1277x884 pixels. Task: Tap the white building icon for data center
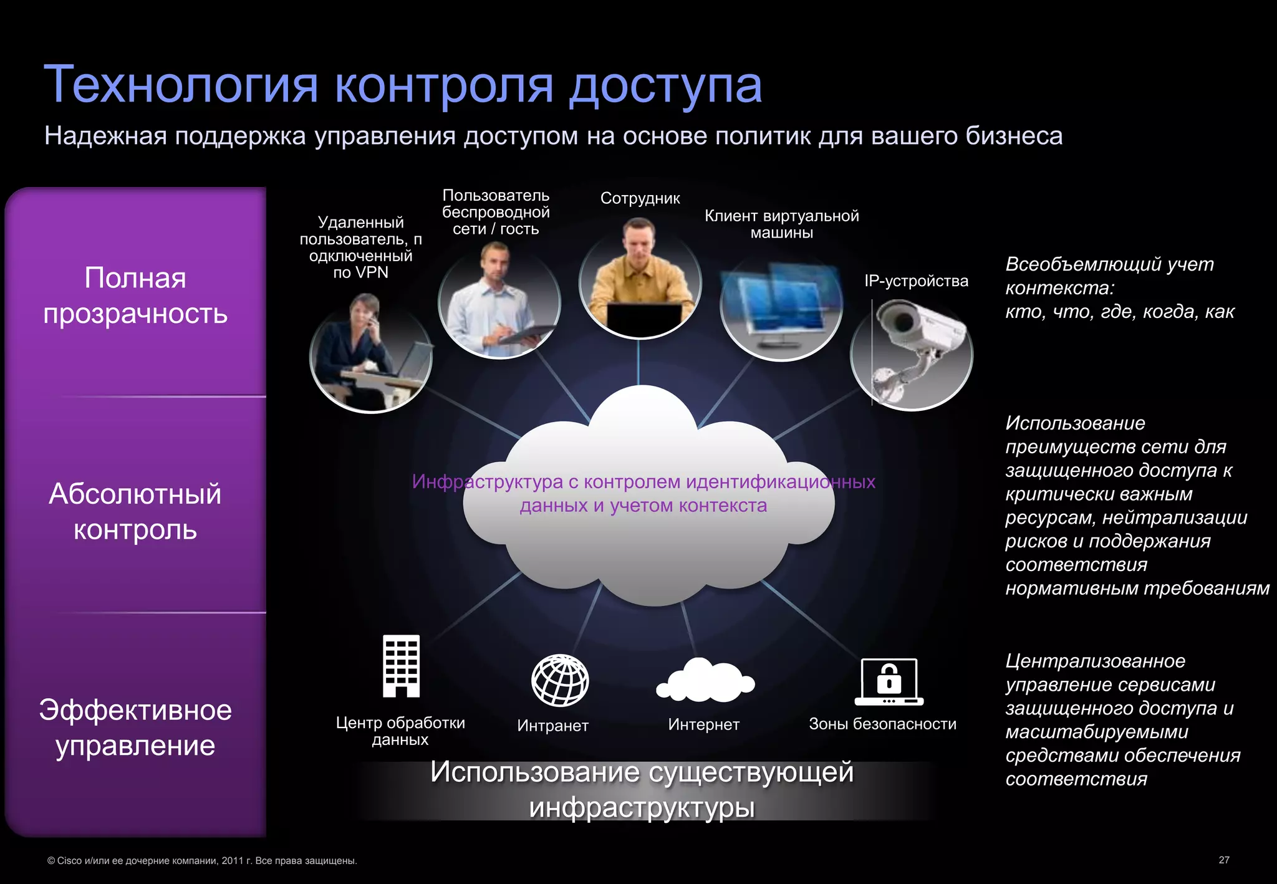[401, 665]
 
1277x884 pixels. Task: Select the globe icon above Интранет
[559, 680]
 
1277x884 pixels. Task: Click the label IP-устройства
[916, 281]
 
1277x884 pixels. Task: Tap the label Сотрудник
[640, 198]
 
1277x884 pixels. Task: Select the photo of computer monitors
[781, 306]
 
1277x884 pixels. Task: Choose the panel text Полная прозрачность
[135, 295]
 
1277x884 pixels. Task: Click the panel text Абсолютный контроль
[135, 511]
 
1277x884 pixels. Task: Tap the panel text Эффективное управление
[135, 728]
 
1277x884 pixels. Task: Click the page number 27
[1224, 860]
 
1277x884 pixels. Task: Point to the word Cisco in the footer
[69, 861]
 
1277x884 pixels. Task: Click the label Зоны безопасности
[882, 724]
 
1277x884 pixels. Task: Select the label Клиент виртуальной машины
[781, 224]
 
